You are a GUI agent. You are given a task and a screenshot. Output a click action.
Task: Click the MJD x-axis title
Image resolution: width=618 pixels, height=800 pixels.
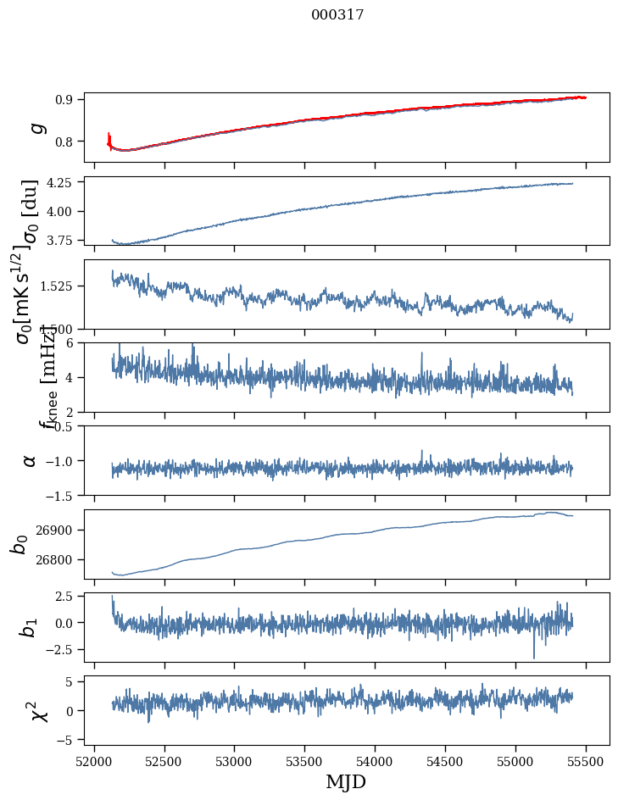346,781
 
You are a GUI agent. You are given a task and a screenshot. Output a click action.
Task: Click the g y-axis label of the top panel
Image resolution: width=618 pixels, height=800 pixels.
35,127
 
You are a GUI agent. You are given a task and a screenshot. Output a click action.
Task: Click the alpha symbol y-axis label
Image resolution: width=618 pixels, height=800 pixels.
30,460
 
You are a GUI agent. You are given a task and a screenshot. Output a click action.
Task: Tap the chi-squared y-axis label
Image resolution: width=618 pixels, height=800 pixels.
38,710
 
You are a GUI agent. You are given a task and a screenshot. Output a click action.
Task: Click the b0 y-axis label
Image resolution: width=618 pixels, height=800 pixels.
19,543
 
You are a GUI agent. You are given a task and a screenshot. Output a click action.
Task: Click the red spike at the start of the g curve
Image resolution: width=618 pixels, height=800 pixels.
109,137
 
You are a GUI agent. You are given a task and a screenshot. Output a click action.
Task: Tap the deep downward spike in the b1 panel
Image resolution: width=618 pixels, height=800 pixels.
534,657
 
